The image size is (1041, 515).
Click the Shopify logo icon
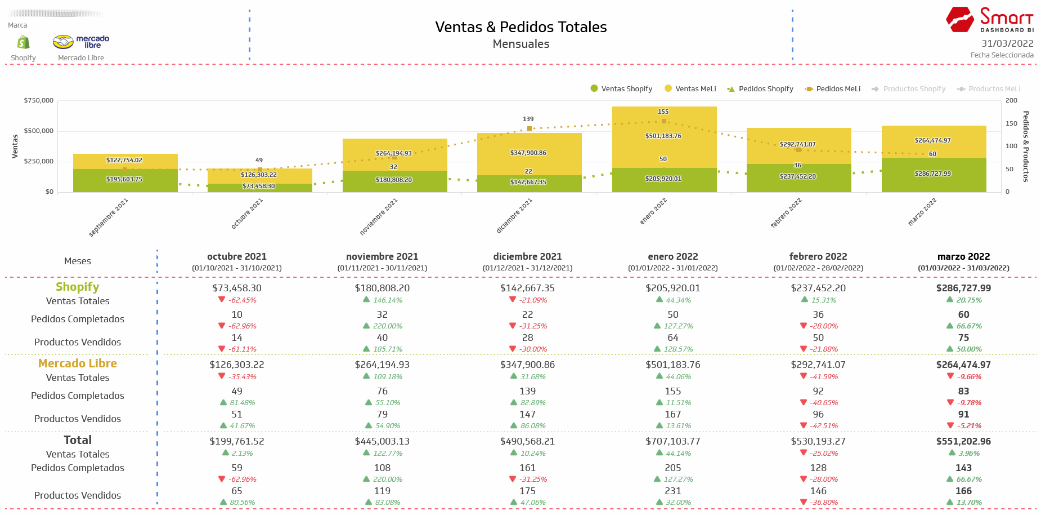23,42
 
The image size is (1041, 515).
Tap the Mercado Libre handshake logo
64,42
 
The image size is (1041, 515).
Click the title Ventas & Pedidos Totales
520,27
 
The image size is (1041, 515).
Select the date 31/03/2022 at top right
1007,43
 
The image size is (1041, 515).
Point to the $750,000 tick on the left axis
39,100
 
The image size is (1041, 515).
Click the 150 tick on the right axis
1011,123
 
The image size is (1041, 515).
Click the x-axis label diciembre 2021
514,216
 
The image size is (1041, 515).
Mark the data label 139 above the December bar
528,119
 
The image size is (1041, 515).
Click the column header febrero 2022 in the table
818,256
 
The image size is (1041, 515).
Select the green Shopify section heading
78,287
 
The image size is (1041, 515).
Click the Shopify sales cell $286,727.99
963,288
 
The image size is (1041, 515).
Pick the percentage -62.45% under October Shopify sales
242,300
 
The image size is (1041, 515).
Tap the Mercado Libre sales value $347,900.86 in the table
527,365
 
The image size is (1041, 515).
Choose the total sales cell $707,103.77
672,441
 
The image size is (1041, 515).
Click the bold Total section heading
78,440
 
